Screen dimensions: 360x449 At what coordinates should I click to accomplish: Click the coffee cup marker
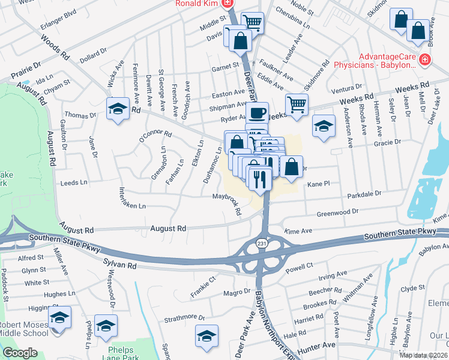click(257, 113)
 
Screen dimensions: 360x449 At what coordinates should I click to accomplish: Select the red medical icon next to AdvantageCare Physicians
click(424, 59)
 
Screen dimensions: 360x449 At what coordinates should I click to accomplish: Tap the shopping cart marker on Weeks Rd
click(297, 105)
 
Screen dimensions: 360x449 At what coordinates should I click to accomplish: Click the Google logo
click(20, 353)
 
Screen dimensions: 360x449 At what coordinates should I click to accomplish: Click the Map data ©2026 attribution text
click(423, 355)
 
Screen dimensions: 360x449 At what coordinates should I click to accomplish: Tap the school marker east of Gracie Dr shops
click(324, 127)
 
